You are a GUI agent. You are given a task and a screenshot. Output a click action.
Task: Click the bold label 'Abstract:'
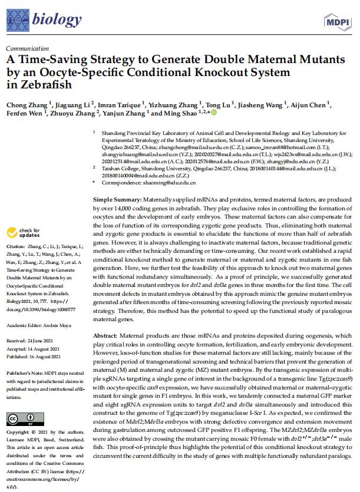[105, 335]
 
